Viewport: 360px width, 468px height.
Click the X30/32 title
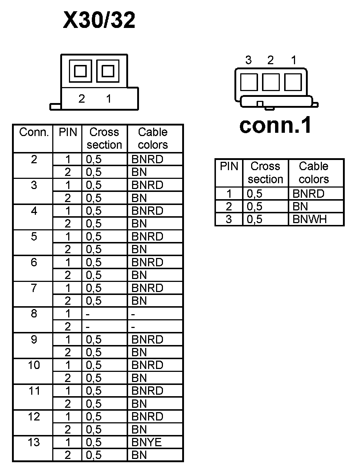[x=99, y=20]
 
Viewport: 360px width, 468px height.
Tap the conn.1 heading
[x=275, y=126]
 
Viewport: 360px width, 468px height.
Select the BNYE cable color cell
[x=147, y=442]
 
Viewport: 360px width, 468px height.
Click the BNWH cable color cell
[x=310, y=219]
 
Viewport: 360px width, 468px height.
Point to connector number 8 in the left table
[x=34, y=313]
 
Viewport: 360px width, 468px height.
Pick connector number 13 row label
[x=34, y=442]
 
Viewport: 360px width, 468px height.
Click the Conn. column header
[x=34, y=132]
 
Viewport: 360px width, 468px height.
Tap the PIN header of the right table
[x=229, y=167]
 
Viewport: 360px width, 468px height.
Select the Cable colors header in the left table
[x=153, y=138]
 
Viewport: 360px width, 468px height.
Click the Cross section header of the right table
[x=265, y=173]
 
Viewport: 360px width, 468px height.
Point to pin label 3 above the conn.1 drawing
[x=248, y=60]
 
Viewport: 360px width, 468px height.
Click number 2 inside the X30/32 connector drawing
[x=82, y=99]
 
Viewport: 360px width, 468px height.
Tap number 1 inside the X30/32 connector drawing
[x=109, y=99]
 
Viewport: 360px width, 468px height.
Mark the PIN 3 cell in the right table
[x=229, y=219]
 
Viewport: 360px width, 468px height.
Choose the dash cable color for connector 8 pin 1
[x=133, y=314]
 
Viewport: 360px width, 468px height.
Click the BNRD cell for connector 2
[x=147, y=159]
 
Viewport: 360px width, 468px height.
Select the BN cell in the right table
[x=300, y=206]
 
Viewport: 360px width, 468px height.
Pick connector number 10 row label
[x=34, y=365]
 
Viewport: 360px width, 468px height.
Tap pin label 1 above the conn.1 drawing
[x=294, y=60]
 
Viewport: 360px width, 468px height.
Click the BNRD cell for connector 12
[x=147, y=416]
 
